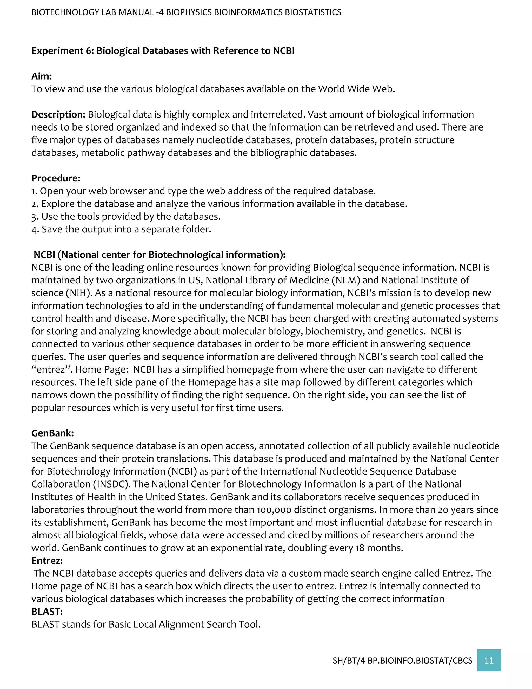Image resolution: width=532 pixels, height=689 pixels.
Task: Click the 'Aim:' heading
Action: (x=41, y=76)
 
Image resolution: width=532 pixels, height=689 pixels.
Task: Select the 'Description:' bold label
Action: (x=58, y=114)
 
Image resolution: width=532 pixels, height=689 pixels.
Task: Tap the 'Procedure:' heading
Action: (x=56, y=178)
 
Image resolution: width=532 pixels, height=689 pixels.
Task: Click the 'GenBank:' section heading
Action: (x=52, y=433)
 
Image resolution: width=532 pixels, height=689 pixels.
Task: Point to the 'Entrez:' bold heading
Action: (x=47, y=561)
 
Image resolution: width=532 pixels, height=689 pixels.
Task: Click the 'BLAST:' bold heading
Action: (x=47, y=612)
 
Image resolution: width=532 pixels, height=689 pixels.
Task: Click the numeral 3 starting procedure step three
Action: (x=34, y=217)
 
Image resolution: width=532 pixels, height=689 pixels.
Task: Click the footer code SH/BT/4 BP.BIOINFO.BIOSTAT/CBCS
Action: (x=402, y=661)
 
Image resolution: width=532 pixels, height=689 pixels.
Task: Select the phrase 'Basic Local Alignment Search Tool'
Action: (x=183, y=624)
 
